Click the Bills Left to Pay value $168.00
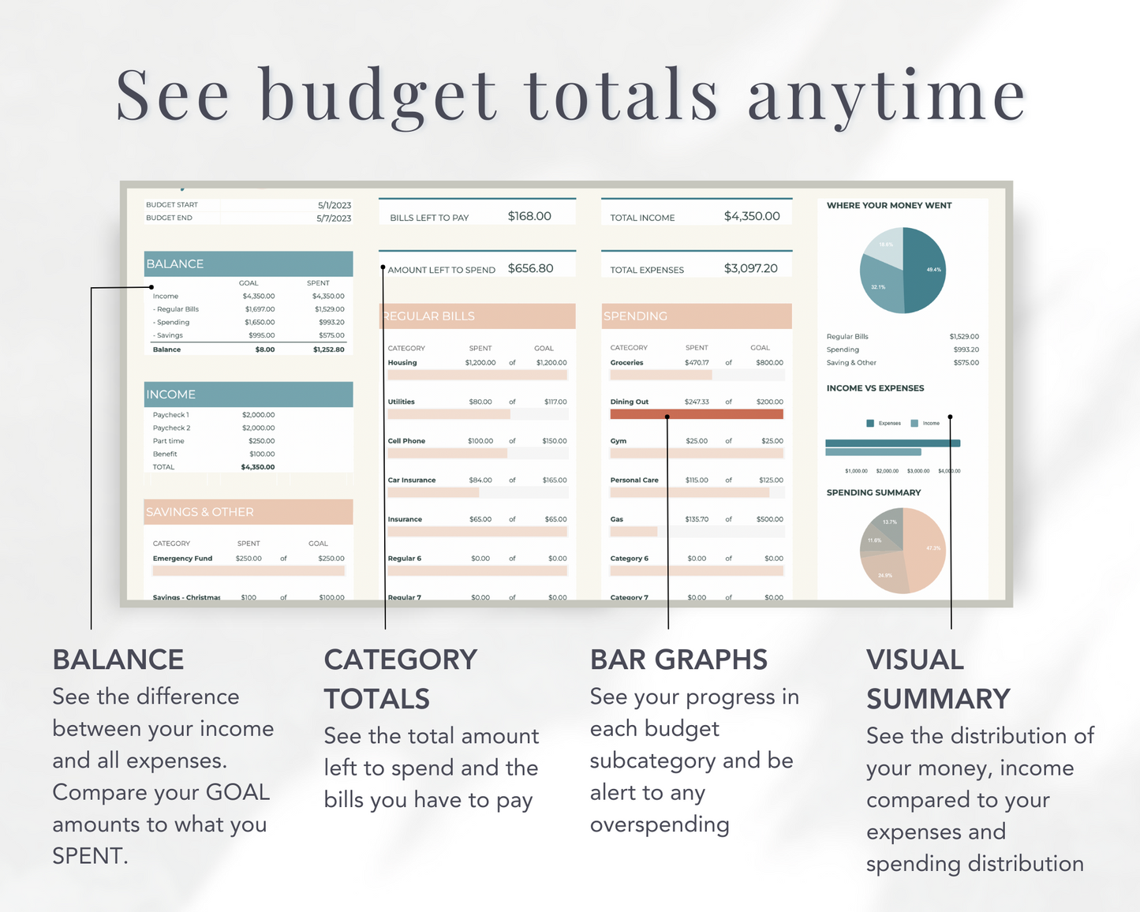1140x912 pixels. (529, 216)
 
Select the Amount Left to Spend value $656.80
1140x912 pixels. (530, 268)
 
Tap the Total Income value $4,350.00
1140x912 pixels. (752, 216)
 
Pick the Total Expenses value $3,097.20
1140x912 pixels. (750, 268)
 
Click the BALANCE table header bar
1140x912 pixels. (249, 264)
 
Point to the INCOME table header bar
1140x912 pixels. (249, 394)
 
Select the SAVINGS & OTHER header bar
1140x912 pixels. (249, 512)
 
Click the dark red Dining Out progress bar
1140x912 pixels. (696, 414)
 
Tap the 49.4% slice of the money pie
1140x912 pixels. (925, 270)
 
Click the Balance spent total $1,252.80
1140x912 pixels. (328, 349)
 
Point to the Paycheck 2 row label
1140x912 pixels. (171, 428)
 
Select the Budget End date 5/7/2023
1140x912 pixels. (334, 219)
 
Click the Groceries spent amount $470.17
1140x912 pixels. (697, 363)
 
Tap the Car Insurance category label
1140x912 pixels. (412, 480)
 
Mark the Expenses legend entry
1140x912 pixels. (884, 424)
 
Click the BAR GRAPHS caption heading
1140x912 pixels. (678, 660)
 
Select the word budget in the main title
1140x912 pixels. (379, 96)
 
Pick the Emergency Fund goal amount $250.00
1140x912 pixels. (331, 559)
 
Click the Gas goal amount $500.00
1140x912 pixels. (769, 520)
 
